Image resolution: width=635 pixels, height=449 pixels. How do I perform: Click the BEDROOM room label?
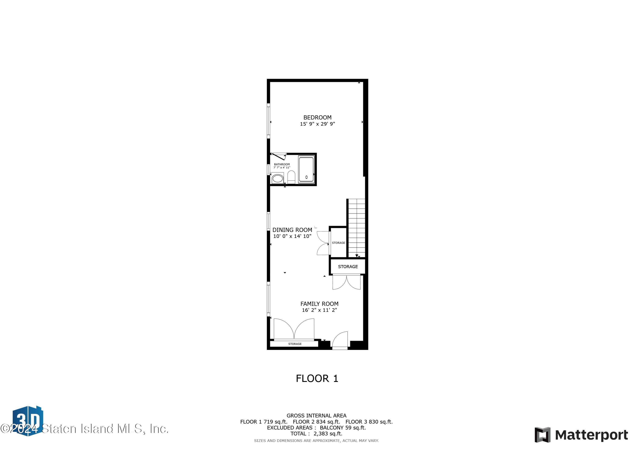point(317,117)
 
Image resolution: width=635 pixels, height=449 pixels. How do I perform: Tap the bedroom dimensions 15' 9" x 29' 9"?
point(317,124)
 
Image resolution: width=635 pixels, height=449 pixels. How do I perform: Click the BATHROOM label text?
point(282,164)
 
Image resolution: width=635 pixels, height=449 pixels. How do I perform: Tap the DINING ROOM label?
point(292,230)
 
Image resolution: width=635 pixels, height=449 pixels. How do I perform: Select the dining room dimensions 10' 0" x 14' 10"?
point(292,236)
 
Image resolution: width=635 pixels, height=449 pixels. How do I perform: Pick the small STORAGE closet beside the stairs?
point(338,243)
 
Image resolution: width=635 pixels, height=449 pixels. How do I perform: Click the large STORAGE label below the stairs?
point(348,266)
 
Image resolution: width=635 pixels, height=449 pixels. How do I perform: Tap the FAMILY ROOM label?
point(319,304)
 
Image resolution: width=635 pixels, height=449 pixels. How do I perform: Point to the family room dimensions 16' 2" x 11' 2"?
point(319,310)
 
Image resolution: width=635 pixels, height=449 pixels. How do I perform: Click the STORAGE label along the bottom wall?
point(295,344)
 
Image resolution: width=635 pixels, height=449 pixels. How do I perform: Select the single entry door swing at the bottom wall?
point(340,339)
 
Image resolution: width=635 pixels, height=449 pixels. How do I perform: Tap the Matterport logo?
point(581,435)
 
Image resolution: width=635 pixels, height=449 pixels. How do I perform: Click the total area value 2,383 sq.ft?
point(328,434)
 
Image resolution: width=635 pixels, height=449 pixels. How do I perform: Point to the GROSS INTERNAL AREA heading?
point(316,416)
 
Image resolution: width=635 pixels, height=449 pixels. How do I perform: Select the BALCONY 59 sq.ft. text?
point(343,427)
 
